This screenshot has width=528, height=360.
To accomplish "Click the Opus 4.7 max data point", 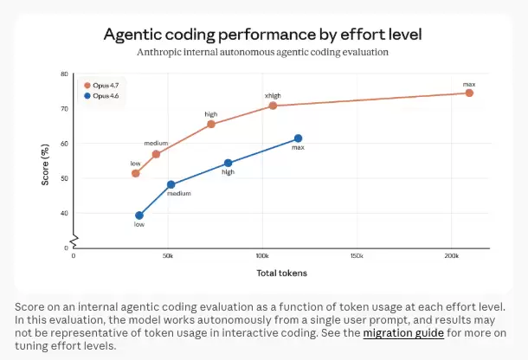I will tap(469, 93).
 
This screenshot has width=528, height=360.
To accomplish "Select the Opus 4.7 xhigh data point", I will tap(273, 106).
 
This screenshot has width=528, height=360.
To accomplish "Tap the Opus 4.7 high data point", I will tap(211, 124).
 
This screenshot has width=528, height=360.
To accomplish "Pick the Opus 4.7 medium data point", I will tap(156, 154).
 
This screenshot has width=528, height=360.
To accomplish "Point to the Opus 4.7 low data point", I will tap(135, 173).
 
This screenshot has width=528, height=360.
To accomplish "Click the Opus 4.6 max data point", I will tap(298, 138).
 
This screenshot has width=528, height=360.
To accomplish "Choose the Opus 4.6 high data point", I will tap(229, 163).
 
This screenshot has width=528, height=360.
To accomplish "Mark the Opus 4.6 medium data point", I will tap(171, 184).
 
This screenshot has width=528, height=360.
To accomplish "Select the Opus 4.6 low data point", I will tap(138, 215).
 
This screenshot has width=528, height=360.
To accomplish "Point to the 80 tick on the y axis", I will tap(64, 74).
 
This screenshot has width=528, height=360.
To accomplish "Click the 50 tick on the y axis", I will tap(64, 178).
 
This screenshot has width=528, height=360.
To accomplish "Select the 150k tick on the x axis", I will tap(357, 257).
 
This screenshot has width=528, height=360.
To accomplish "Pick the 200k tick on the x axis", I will tap(451, 257).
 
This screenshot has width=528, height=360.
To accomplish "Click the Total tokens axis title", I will tap(281, 273).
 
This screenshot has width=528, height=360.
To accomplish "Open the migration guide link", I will tap(403, 332).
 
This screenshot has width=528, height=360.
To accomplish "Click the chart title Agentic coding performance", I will tap(263, 35).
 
